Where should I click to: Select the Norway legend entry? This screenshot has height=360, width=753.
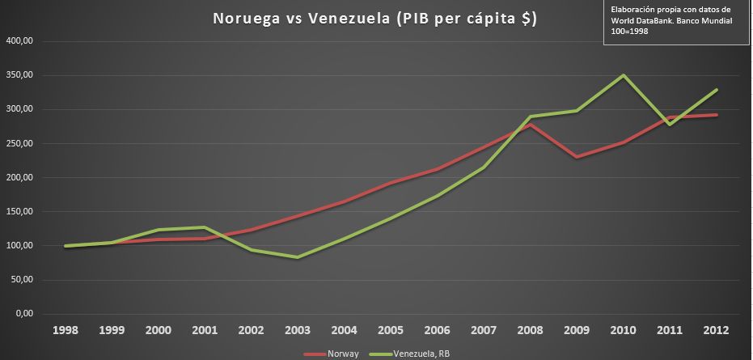tap(338, 354)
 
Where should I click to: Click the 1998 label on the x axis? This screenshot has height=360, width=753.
tap(66, 330)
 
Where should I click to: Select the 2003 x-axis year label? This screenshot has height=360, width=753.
tap(298, 330)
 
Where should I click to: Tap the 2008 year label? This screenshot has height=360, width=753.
tap(531, 330)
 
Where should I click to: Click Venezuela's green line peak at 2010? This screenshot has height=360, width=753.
tap(624, 75)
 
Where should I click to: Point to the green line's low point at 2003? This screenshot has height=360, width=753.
tap(298, 257)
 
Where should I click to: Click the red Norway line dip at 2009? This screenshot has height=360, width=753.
tap(577, 157)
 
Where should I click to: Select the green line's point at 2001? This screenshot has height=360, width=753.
tap(205, 227)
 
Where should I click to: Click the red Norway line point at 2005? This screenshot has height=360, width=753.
tap(391, 183)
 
